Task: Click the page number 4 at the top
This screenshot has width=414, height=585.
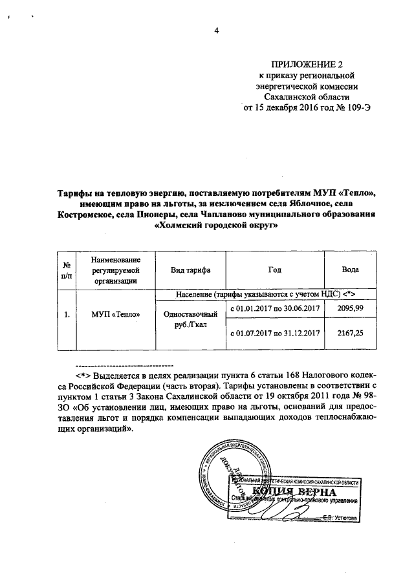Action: point(217,31)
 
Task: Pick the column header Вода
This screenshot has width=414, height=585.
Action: point(350,270)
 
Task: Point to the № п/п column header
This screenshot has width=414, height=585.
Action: point(66,270)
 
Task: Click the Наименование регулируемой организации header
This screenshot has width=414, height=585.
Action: point(116,270)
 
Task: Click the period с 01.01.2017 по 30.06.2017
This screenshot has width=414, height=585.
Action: point(276,309)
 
